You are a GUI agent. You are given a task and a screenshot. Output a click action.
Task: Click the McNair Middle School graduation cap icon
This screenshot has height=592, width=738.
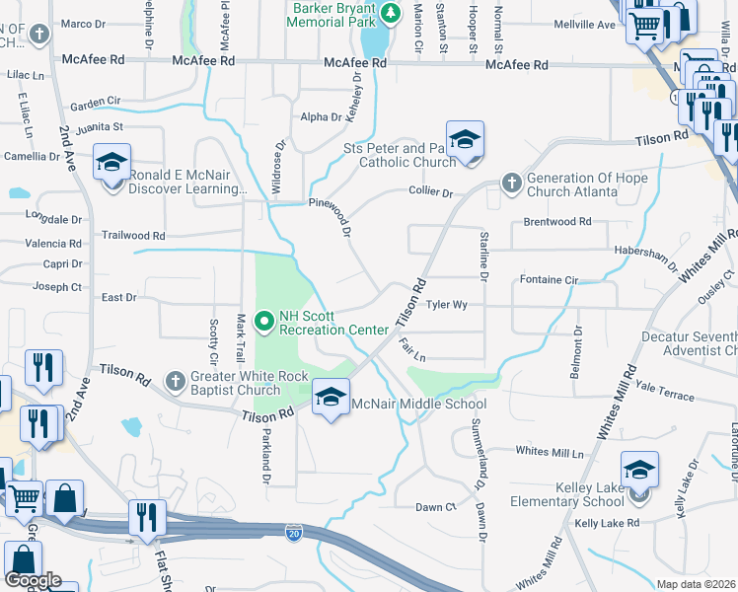point(331,398)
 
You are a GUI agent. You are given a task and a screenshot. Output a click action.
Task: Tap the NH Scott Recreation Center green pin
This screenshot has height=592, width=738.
point(264,322)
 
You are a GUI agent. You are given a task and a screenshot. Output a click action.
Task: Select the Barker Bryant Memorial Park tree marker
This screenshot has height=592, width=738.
point(392,12)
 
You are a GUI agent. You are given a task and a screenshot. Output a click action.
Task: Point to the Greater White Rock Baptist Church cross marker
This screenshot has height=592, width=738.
point(176,381)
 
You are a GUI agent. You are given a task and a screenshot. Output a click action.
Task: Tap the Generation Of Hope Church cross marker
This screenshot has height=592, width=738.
point(511,183)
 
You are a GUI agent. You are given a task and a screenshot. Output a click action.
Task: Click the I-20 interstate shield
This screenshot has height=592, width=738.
point(294,533)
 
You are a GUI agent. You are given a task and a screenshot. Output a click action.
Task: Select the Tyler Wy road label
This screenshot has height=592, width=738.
point(446,305)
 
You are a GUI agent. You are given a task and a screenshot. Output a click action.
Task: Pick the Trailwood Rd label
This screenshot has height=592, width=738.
point(133,236)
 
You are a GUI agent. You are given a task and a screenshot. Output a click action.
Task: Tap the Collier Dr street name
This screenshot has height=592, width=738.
point(430,193)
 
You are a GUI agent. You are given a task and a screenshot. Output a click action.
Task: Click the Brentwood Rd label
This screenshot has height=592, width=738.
point(557,222)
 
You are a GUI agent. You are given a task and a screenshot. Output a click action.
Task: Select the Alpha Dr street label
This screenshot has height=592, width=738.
point(321,116)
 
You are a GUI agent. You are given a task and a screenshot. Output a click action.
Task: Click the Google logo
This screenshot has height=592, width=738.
point(34,580)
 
